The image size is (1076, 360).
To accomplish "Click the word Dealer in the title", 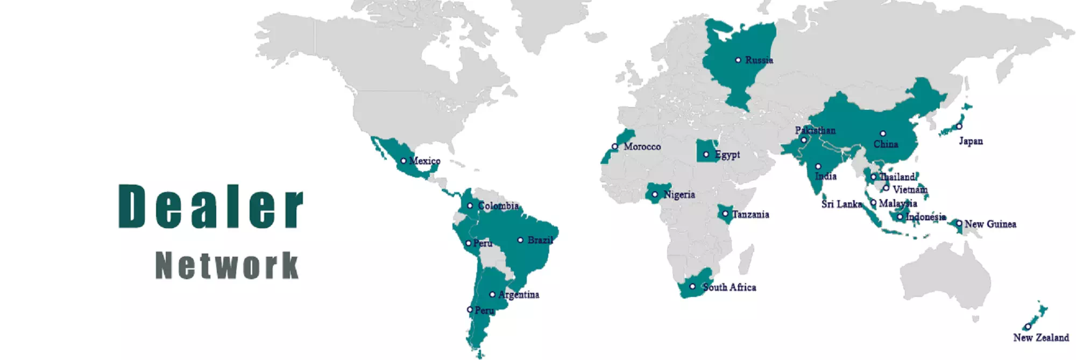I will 211,206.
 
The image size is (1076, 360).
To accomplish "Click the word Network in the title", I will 226,266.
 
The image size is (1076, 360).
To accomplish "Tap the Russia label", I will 759,60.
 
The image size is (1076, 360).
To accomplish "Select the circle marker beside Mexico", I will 403,161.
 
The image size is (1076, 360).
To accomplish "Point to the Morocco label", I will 642,146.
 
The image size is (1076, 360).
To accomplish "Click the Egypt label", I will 727,155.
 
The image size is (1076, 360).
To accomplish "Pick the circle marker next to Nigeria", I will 655,195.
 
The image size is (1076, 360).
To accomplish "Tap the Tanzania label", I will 750,215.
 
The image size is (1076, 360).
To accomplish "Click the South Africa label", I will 729,287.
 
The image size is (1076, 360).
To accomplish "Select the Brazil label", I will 540,240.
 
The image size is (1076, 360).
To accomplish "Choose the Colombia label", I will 498,206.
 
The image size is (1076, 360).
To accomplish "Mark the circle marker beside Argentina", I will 492,294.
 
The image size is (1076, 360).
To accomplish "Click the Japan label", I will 971,141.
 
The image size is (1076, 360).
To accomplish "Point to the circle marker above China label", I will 883,133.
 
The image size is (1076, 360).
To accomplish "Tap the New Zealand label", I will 1040,337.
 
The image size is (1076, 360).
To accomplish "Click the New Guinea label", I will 990,224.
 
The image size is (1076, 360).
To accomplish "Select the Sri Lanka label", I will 841,204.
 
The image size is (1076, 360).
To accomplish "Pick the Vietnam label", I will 910,189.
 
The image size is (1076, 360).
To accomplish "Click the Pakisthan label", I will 815,130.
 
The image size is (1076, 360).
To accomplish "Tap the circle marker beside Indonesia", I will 900,217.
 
